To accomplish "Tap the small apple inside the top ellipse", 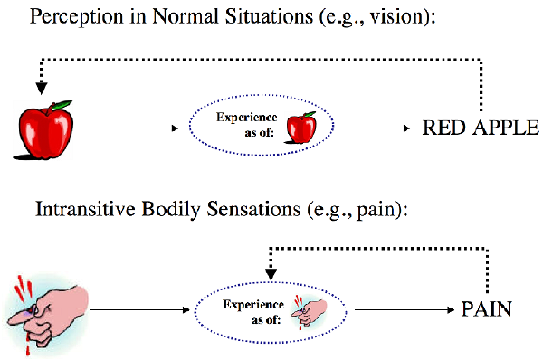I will coord(300,130).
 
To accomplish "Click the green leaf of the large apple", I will coord(61,104).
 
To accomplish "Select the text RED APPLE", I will coord(481,128).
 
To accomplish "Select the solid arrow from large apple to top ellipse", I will coord(127,128).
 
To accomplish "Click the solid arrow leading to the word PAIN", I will coord(403,308).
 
